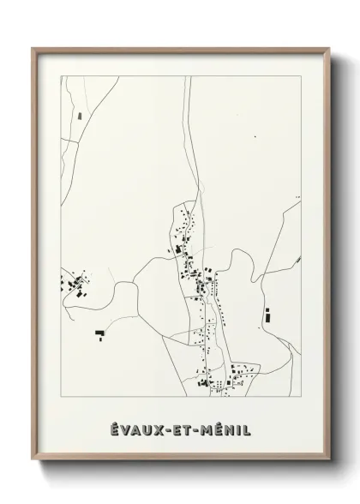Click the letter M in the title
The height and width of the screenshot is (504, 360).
(x=206, y=429)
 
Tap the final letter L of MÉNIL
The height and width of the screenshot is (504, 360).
(x=247, y=429)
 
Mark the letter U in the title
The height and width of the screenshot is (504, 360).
(x=147, y=429)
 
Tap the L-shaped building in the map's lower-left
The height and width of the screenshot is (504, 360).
(x=99, y=331)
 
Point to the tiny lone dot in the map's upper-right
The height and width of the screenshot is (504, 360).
(x=255, y=137)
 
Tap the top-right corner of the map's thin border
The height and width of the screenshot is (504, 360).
(x=300, y=76)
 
